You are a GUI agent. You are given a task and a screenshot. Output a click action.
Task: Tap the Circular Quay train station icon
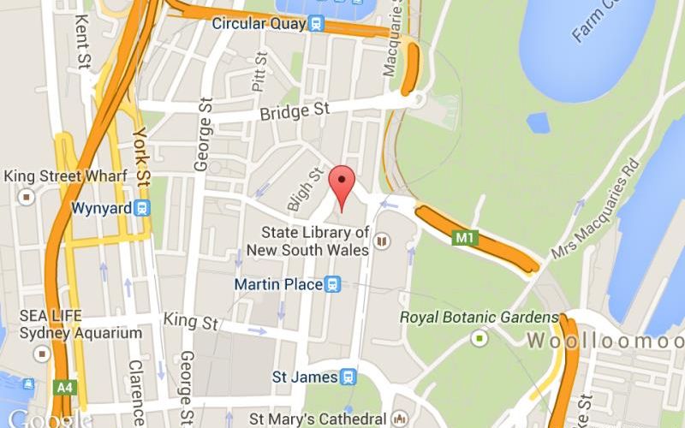[x=317, y=24]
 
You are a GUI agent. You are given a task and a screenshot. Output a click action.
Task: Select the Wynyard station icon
[x=141, y=208]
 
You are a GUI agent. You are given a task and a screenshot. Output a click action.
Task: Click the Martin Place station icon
[x=333, y=283]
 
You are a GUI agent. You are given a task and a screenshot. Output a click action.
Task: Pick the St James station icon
[x=347, y=377]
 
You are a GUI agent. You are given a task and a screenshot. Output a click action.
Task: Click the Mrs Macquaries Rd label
[x=595, y=199]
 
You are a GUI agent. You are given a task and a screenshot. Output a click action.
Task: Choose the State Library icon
[x=380, y=245]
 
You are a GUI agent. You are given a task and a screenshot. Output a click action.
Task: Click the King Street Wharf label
[x=65, y=176]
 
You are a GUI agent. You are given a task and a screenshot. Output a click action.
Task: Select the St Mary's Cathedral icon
[x=399, y=419]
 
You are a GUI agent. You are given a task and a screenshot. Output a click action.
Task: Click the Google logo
[x=45, y=419]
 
